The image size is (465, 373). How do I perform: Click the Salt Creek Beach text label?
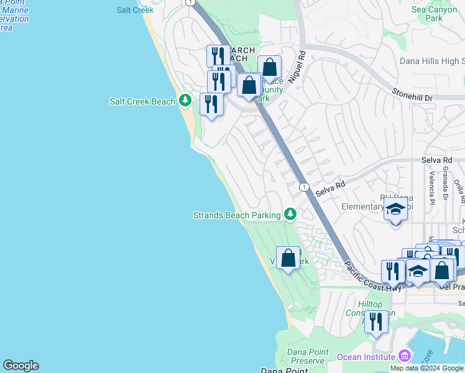(x=142, y=101)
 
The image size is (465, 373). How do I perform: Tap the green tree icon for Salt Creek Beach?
(x=185, y=101)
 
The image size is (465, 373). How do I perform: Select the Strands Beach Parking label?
(x=237, y=215)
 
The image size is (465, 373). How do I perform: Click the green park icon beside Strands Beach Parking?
(x=290, y=214)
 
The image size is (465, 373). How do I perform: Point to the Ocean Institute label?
(x=366, y=357)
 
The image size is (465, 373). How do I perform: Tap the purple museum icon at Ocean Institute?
(x=405, y=356)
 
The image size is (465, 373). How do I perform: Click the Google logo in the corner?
(x=21, y=366)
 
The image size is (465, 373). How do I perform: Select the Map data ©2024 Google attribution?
(x=426, y=368)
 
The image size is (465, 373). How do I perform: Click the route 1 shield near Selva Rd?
(x=303, y=187)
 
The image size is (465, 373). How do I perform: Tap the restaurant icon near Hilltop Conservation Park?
(x=376, y=321)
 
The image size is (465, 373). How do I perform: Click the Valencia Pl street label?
(x=430, y=185)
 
